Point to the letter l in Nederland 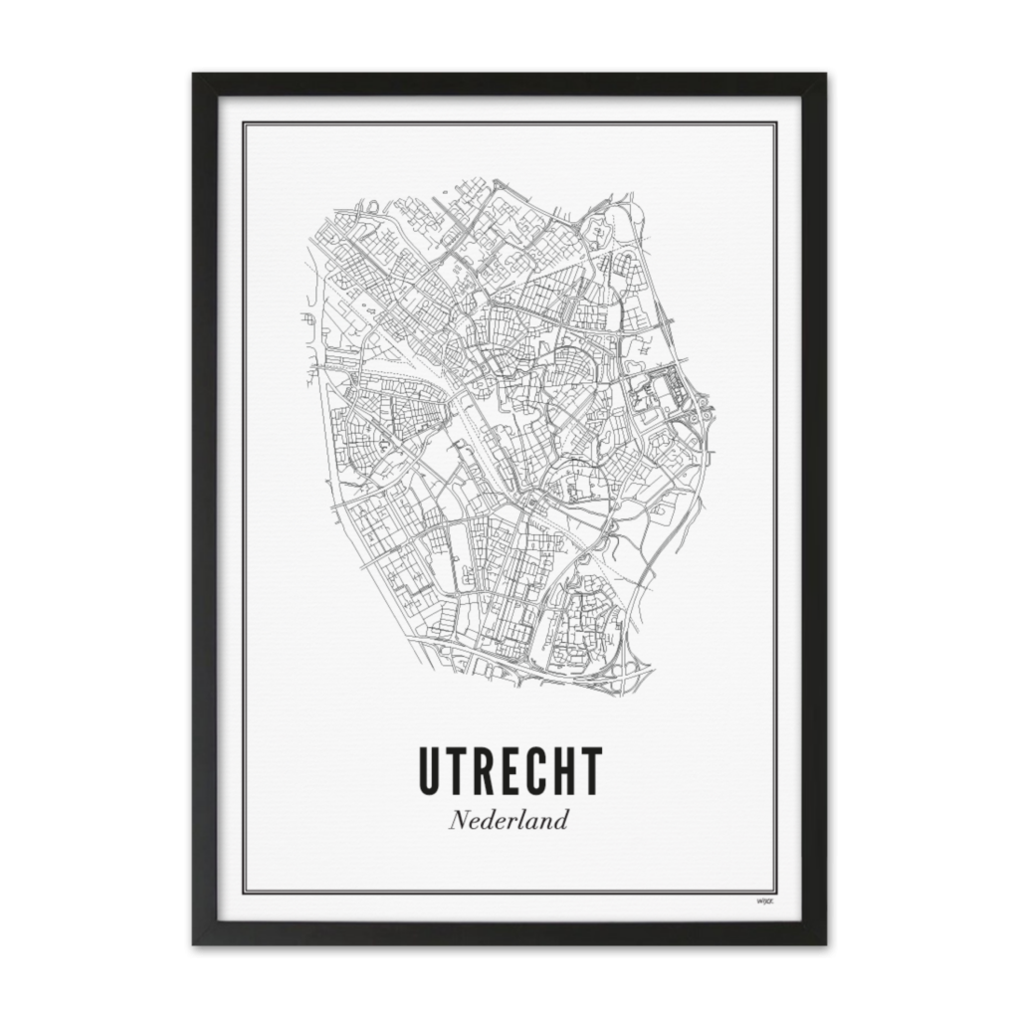pyautogui.click(x=526, y=822)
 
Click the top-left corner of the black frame pyautogui.click(x=193, y=75)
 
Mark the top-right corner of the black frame pyautogui.click(x=825, y=75)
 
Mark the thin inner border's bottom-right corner pyautogui.click(x=775, y=893)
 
